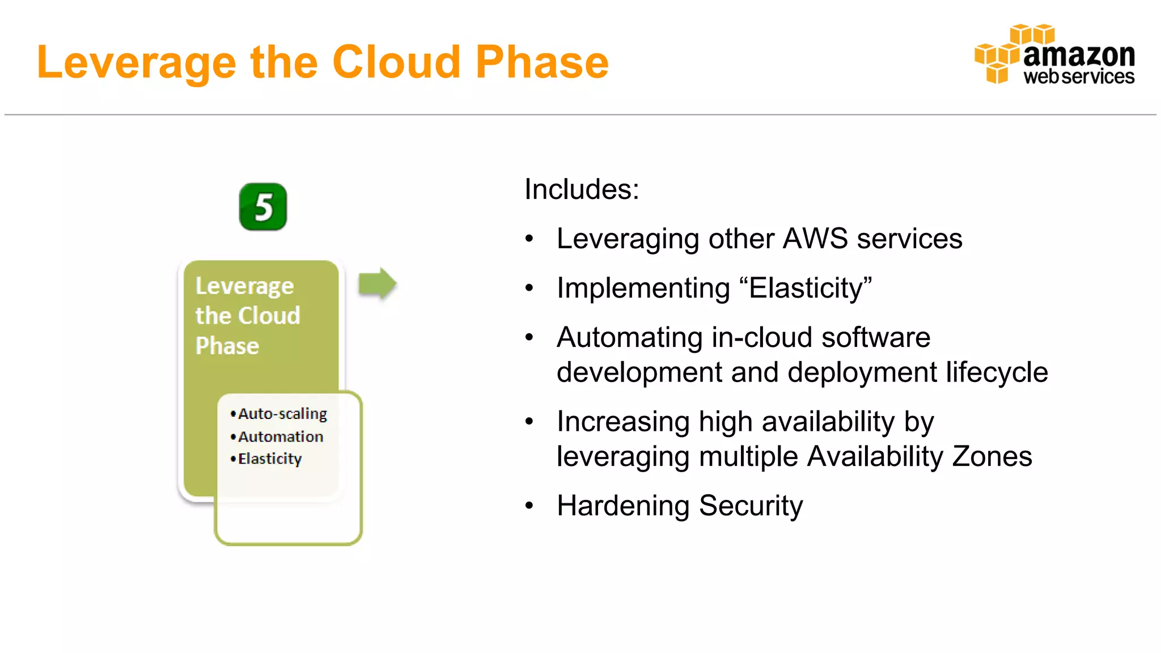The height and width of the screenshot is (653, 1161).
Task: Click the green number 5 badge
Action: (x=262, y=207)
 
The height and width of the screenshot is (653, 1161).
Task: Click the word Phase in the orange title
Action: (x=542, y=62)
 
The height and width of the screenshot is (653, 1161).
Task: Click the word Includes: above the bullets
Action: (x=582, y=189)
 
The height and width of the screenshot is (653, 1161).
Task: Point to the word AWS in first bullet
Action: (x=815, y=239)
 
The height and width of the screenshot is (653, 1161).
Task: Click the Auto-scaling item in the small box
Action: (x=282, y=414)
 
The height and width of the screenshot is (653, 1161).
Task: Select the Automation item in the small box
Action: (x=281, y=436)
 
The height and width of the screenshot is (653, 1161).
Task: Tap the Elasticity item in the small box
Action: (x=270, y=459)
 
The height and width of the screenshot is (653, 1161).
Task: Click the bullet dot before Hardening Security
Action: (x=529, y=506)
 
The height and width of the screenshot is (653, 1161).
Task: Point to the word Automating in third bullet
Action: (x=630, y=338)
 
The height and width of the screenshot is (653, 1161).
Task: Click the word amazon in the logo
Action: (x=1079, y=55)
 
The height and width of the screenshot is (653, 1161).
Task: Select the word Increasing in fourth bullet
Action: (x=623, y=422)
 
